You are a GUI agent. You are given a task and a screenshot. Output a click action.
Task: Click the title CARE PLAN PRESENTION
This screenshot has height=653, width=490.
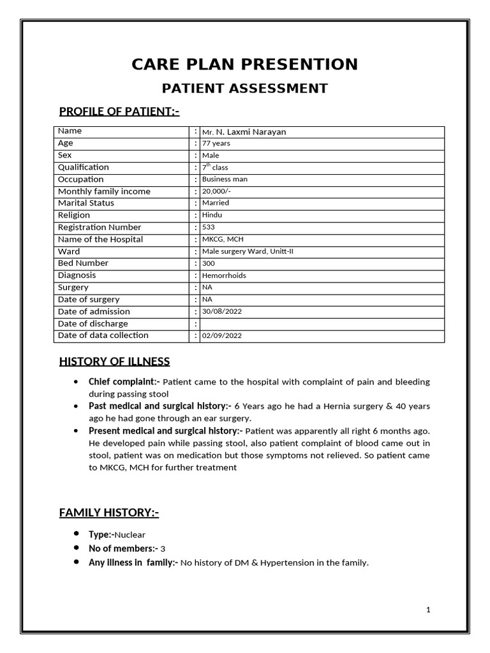tap(244, 64)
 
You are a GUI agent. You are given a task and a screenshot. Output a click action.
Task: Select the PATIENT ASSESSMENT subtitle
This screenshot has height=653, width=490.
tap(244, 89)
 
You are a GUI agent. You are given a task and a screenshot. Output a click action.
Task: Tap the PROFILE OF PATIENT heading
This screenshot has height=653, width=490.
tap(119, 112)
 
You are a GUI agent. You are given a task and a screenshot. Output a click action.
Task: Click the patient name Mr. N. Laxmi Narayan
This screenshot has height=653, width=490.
tap(244, 132)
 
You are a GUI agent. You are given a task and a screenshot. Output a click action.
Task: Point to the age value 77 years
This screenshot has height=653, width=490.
tap(216, 143)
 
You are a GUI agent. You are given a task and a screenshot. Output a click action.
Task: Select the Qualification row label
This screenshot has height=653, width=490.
tap(84, 167)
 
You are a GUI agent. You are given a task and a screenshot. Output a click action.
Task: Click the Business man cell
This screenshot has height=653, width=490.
tap(225, 179)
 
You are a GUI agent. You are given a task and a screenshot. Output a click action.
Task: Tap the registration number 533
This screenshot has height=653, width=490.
tap(209, 227)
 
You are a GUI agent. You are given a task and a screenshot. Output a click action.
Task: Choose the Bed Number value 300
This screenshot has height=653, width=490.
tap(209, 263)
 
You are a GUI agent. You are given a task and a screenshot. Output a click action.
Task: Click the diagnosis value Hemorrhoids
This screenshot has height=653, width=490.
tap(224, 275)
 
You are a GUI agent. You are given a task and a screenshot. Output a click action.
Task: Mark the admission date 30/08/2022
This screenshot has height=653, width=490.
tap(222, 312)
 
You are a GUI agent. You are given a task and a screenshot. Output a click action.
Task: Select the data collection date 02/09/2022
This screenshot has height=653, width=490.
tap(222, 335)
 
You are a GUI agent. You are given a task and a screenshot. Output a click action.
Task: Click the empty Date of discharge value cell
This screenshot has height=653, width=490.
tap(322, 324)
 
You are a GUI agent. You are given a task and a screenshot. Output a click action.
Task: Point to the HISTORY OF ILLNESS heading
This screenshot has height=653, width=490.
tap(115, 362)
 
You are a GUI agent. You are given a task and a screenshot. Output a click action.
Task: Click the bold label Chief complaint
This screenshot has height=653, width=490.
tap(124, 382)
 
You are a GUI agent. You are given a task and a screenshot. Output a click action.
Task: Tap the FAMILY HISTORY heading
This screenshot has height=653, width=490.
tap(109, 511)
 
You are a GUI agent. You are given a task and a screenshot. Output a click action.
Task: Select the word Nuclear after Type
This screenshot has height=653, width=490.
tap(130, 534)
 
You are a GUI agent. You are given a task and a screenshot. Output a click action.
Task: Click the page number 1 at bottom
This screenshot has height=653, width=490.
tap(428, 610)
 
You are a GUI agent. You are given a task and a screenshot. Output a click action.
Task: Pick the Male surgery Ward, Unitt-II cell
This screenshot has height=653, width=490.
tap(248, 251)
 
